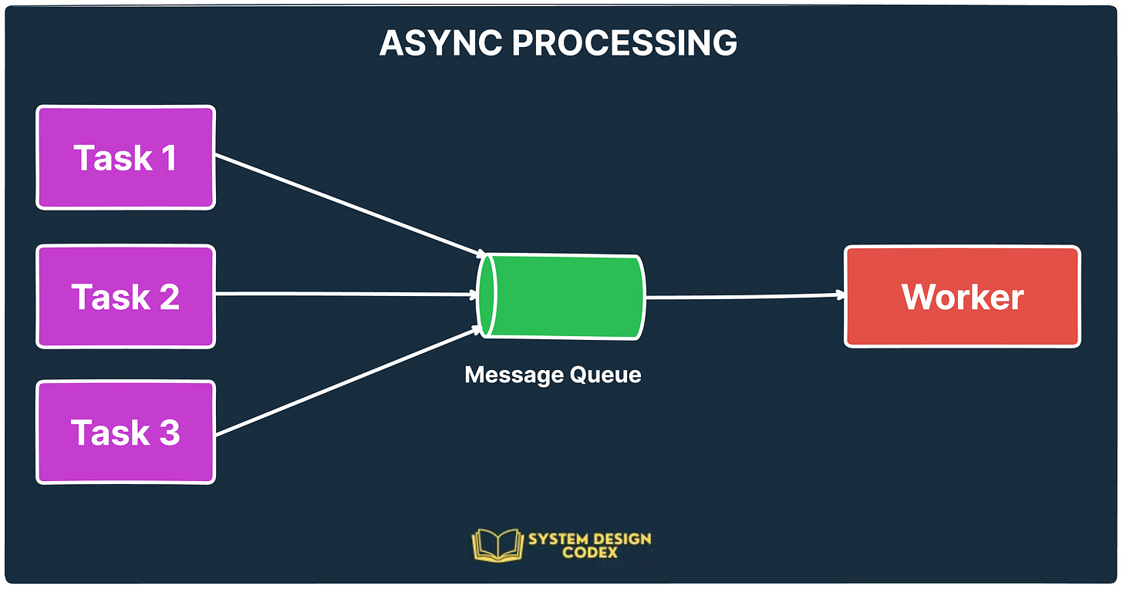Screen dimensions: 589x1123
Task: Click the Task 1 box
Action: pos(126,157)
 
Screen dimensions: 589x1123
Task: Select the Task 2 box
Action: pos(126,297)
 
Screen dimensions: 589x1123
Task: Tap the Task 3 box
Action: pos(126,432)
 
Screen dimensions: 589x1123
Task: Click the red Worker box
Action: pos(963,297)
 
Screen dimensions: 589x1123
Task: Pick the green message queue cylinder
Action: pos(561,297)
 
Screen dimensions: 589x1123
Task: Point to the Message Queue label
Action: pos(553,375)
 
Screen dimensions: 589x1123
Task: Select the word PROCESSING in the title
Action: pos(625,44)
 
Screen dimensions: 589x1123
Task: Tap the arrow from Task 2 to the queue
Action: pos(347,294)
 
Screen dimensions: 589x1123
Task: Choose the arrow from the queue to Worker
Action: pos(744,295)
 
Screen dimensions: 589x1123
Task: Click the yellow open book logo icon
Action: pos(497,544)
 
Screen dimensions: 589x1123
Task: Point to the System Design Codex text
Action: pos(590,545)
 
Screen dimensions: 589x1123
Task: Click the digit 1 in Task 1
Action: pos(168,158)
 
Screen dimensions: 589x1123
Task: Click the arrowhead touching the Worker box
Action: pos(841,294)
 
